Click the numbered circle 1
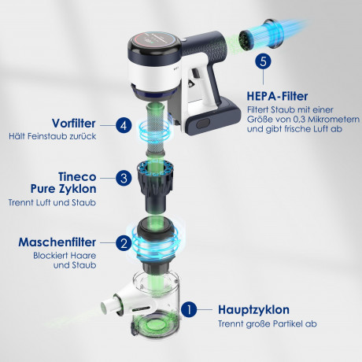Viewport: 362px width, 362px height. (188, 309)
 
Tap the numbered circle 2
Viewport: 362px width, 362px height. (124, 244)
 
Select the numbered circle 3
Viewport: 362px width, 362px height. (124, 178)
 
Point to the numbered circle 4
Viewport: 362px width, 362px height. (123, 125)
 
